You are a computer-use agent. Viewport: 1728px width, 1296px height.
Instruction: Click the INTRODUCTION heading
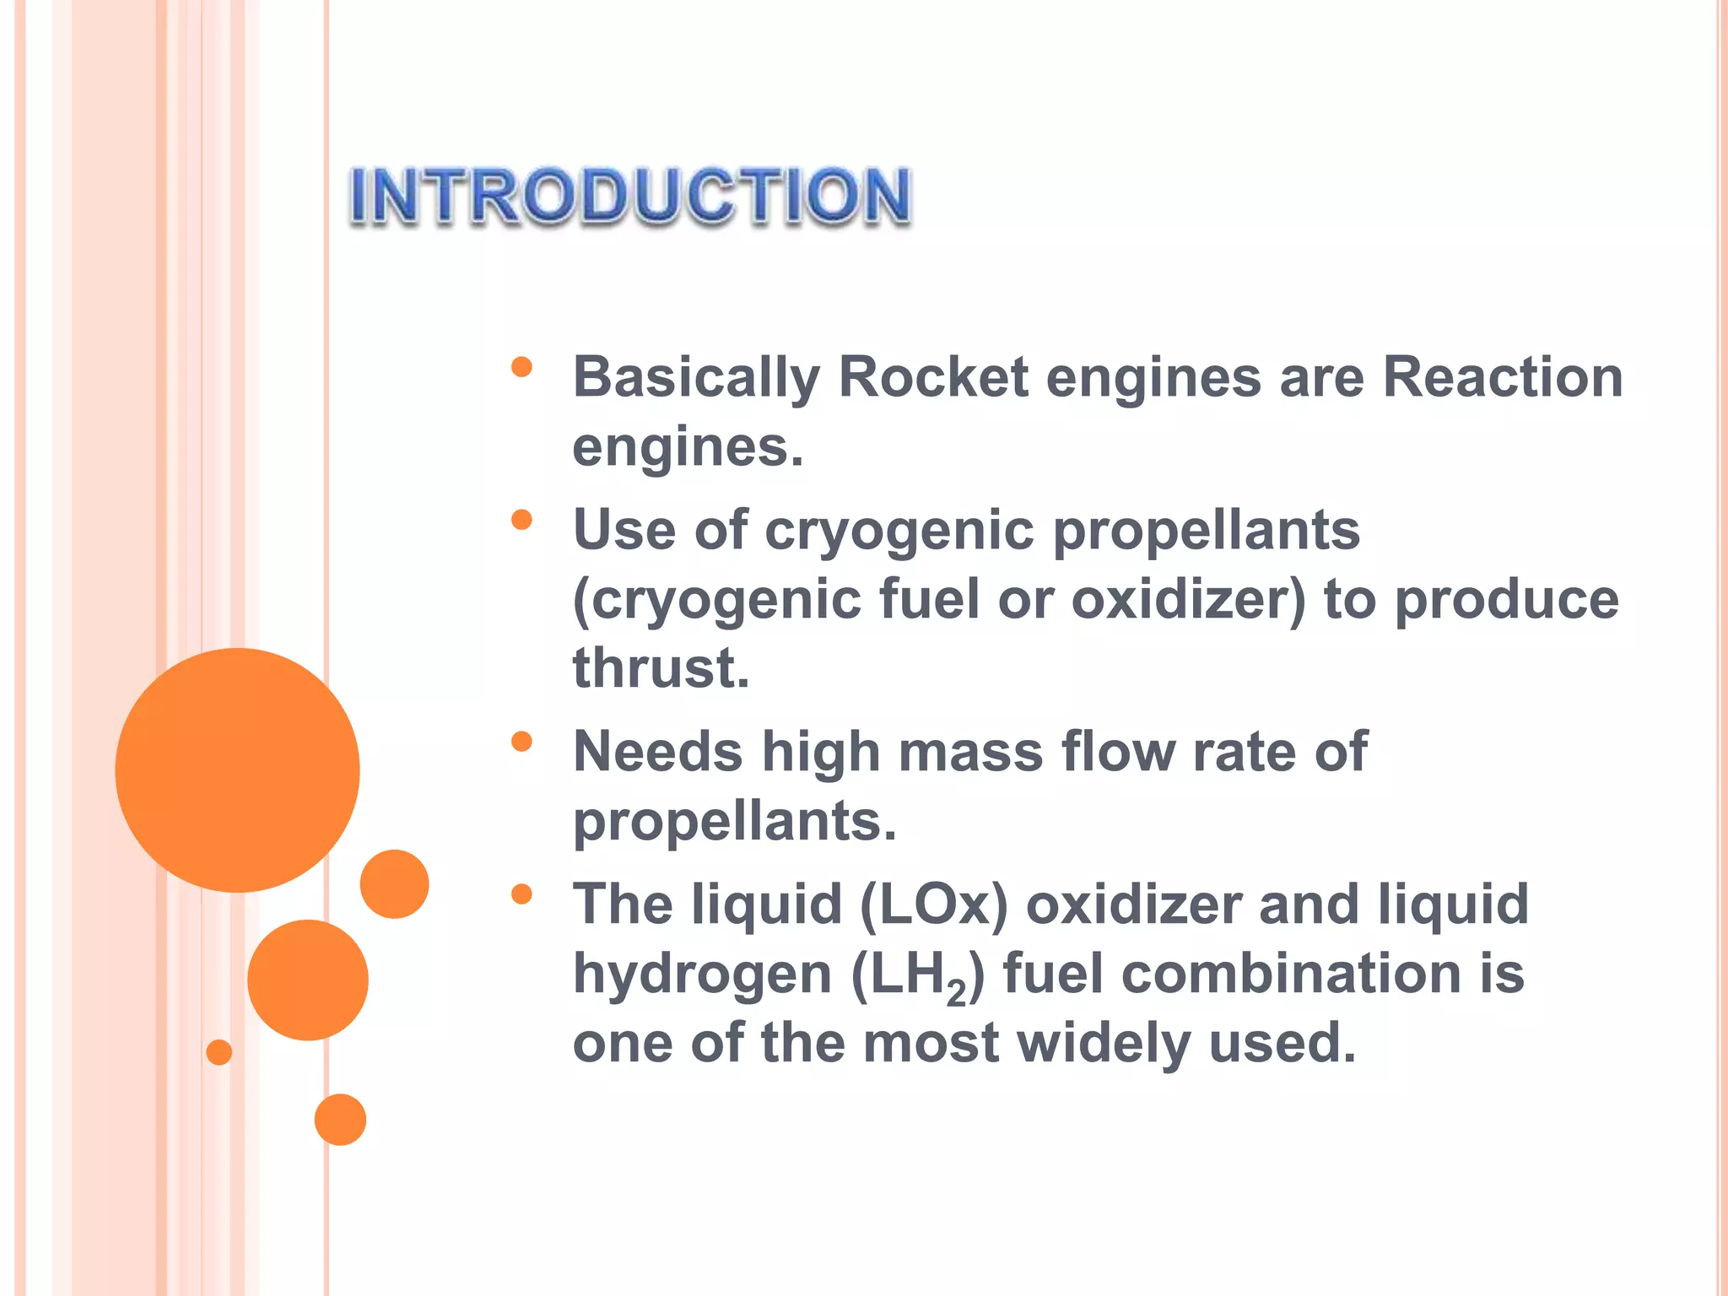[x=630, y=196]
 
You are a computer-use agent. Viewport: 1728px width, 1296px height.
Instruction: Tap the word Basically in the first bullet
[x=696, y=377]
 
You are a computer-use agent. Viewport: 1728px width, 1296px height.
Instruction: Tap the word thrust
[x=661, y=667]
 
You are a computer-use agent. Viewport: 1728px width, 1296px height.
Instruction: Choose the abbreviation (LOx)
[x=933, y=904]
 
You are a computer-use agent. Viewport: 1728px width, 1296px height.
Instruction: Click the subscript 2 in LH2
[x=956, y=994]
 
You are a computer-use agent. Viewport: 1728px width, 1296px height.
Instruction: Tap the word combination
[x=1290, y=974]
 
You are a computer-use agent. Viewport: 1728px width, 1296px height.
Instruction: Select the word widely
[x=1104, y=1043]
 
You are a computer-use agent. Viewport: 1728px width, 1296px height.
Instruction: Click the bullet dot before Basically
[x=521, y=366]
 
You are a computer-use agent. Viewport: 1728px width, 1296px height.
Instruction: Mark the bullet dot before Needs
[x=521, y=741]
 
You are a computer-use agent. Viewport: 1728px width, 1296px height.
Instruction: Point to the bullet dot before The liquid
[x=521, y=894]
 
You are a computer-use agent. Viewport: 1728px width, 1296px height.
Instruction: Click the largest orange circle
[x=237, y=769]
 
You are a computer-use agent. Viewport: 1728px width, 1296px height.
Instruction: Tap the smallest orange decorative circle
[x=219, y=1052]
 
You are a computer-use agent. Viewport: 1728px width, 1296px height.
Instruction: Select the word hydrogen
[x=702, y=975]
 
